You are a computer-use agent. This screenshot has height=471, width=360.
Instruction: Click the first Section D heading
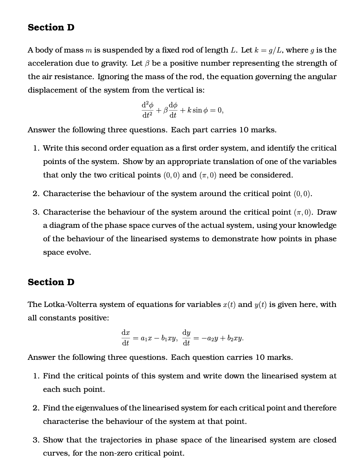click(x=51, y=28)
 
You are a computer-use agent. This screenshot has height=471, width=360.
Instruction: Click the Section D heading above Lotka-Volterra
click(x=51, y=282)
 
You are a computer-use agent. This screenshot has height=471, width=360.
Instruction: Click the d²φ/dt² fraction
click(x=147, y=110)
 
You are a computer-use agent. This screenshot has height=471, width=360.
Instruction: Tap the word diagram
click(x=65, y=226)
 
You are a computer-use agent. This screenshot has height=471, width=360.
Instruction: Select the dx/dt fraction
click(x=126, y=338)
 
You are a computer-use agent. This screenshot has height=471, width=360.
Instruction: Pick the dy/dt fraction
click(x=186, y=338)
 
